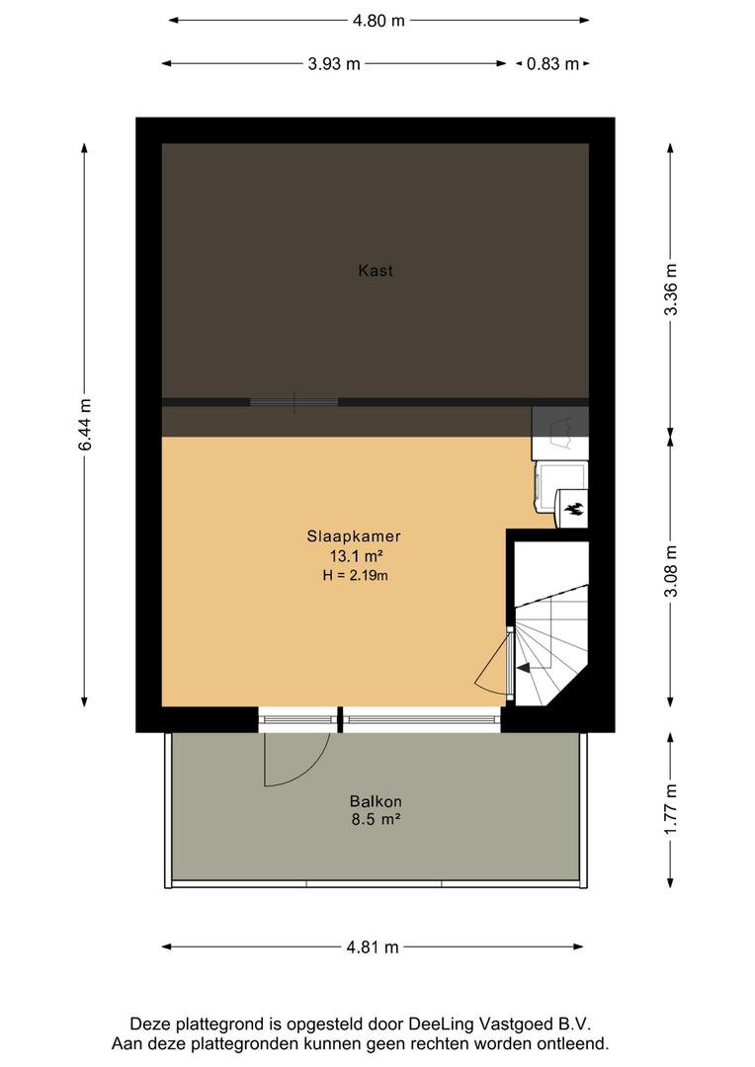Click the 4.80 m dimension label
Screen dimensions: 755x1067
pyautogui.click(x=378, y=21)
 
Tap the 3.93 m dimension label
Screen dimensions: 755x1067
pyautogui.click(x=334, y=64)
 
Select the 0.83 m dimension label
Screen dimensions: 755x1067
pyautogui.click(x=552, y=64)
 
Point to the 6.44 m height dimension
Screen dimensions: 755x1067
pyautogui.click(x=84, y=425)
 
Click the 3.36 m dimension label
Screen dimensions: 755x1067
pyautogui.click(x=671, y=288)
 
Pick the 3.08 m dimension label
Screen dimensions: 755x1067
pyautogui.click(x=671, y=570)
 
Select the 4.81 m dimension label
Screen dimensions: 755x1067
pyautogui.click(x=373, y=946)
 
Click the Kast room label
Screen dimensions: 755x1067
pyautogui.click(x=376, y=271)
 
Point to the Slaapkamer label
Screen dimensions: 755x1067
pyautogui.click(x=354, y=536)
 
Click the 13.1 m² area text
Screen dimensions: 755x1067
pyautogui.click(x=356, y=556)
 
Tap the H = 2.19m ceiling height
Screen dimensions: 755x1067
pyautogui.click(x=356, y=576)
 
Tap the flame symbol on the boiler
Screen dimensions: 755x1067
pyautogui.click(x=573, y=509)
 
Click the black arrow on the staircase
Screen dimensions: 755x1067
pyautogui.click(x=524, y=668)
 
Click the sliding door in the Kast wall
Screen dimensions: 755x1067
pyautogui.click(x=294, y=402)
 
